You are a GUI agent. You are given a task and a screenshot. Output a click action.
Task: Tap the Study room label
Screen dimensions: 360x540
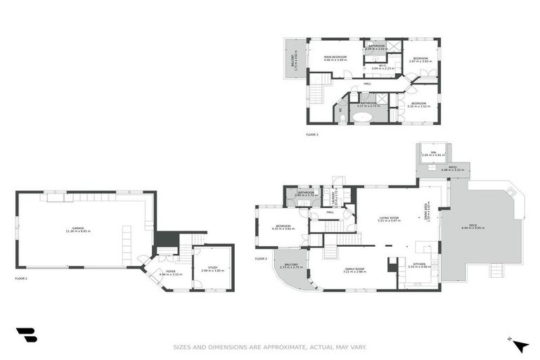click(x=211, y=267)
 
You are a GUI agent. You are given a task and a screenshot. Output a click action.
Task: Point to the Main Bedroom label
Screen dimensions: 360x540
click(x=336, y=57)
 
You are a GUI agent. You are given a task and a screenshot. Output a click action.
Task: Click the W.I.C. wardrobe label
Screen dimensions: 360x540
click(x=382, y=65)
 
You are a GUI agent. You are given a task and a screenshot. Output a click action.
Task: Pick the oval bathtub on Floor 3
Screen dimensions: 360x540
click(x=364, y=117)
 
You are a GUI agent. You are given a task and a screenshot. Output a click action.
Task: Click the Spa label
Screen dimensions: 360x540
click(x=434, y=153)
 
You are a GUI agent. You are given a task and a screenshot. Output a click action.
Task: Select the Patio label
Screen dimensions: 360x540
click(x=444, y=167)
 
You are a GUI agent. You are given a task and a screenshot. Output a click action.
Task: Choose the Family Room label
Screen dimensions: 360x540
click(x=354, y=269)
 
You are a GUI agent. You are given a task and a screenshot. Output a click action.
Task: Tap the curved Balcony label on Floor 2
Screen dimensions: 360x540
click(x=290, y=264)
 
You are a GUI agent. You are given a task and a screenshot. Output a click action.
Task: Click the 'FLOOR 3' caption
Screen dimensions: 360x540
click(x=311, y=134)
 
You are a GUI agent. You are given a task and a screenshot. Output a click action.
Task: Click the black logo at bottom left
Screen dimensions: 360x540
click(x=26, y=335)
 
